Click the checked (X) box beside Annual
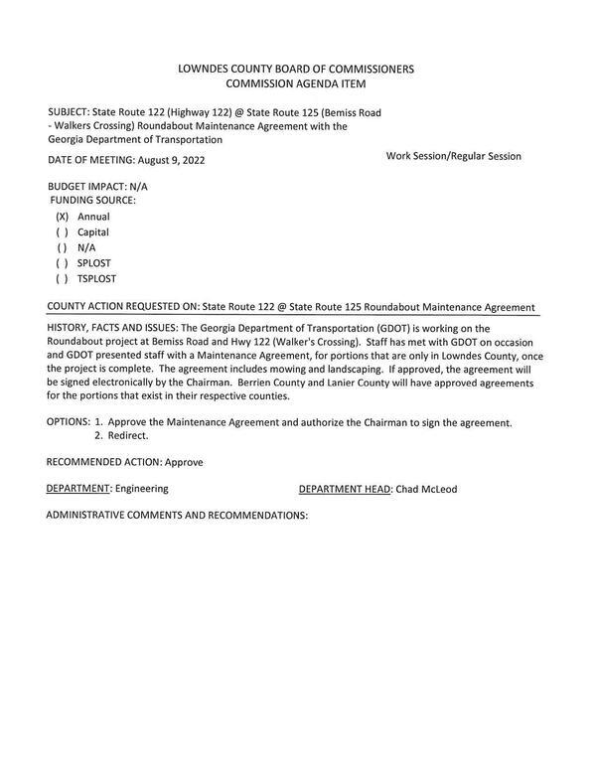(x=62, y=217)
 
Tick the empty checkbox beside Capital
(x=62, y=232)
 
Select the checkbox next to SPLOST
(x=62, y=263)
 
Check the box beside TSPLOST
(x=62, y=279)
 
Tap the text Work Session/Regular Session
(x=453, y=156)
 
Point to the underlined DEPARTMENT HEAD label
(x=344, y=489)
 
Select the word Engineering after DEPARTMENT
(x=142, y=489)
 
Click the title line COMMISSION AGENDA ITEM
(x=296, y=84)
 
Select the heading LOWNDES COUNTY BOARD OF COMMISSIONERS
(x=296, y=70)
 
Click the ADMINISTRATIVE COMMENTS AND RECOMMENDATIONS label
(x=177, y=516)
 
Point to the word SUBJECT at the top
(x=68, y=112)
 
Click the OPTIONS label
(x=68, y=422)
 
